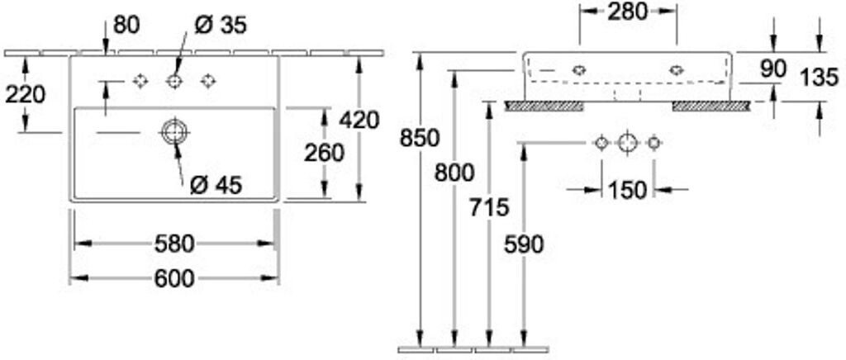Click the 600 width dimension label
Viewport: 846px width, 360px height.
click(x=174, y=279)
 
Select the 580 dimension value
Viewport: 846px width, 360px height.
click(x=174, y=244)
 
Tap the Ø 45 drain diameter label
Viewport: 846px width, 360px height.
click(x=216, y=186)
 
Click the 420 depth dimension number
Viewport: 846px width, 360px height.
click(x=359, y=120)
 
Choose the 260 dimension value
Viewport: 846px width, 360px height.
click(x=325, y=153)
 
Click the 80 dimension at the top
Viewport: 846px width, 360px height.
click(x=126, y=26)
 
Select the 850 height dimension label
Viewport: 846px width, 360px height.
click(x=420, y=139)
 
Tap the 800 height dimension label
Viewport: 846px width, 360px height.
click(x=454, y=173)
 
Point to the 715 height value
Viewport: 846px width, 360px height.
click(x=489, y=207)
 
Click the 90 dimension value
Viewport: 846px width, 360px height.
click(x=772, y=69)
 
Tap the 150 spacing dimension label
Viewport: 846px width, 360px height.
click(x=628, y=190)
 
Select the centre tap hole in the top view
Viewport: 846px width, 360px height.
click(x=174, y=81)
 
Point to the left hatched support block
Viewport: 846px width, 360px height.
click(x=544, y=106)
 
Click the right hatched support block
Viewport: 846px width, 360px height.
click(x=711, y=106)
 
